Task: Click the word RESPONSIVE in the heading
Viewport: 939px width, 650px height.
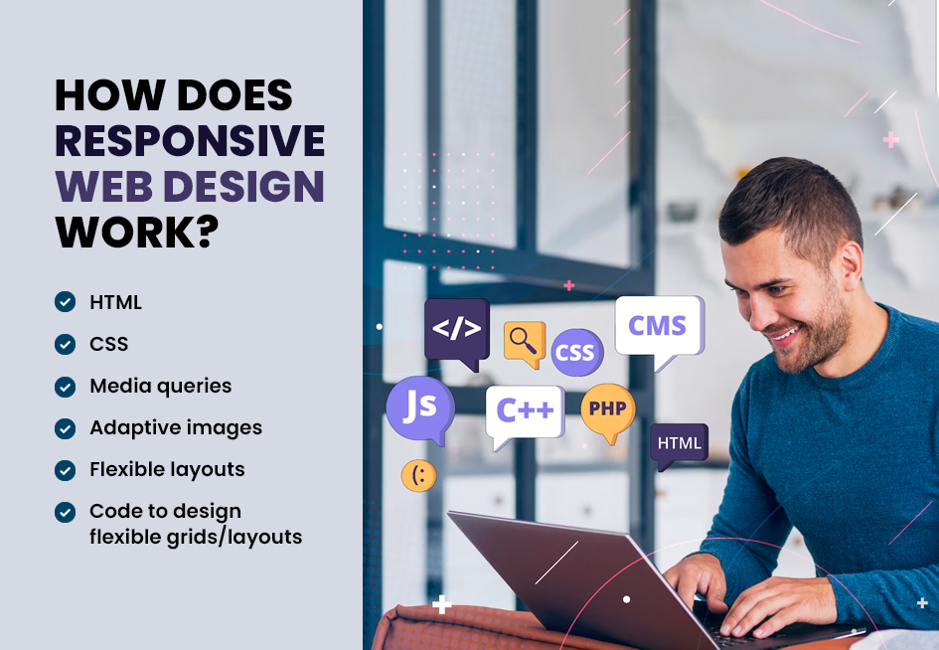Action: click(x=190, y=141)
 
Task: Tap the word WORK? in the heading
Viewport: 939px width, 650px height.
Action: click(x=137, y=233)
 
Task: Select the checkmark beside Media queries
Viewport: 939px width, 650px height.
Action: click(x=66, y=387)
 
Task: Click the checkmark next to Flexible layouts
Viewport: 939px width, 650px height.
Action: click(x=66, y=470)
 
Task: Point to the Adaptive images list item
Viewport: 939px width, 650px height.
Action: click(x=176, y=427)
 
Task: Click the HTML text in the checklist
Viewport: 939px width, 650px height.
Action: click(x=115, y=302)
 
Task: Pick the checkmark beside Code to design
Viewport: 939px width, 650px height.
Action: click(x=66, y=512)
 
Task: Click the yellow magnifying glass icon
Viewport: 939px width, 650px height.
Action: click(x=525, y=343)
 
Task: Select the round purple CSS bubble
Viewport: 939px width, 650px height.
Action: click(x=576, y=352)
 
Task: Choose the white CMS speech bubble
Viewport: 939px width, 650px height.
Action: click(x=660, y=329)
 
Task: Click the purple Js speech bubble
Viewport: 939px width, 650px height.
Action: click(x=420, y=409)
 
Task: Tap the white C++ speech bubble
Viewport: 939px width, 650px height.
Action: click(x=525, y=413)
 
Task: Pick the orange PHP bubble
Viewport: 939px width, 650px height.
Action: click(x=608, y=410)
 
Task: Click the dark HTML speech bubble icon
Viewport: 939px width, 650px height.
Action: click(x=679, y=444)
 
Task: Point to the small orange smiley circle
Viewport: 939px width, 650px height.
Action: click(x=418, y=476)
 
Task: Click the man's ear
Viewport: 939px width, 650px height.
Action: click(x=852, y=261)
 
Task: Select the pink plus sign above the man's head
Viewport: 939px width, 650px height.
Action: click(x=890, y=139)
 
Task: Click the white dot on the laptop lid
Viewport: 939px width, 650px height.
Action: click(x=626, y=599)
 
